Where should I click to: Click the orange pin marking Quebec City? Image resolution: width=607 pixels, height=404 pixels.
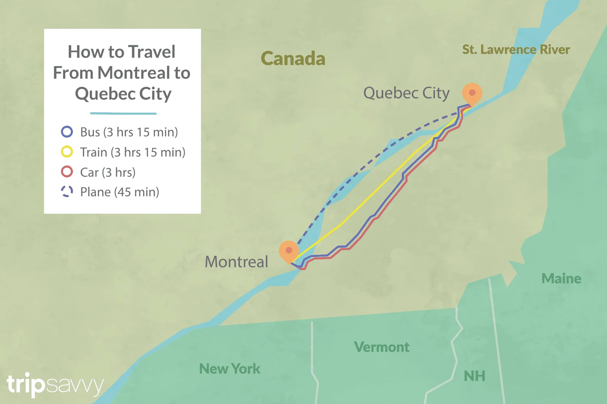pyautogui.click(x=472, y=93)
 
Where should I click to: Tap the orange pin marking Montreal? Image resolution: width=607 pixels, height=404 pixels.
pyautogui.click(x=289, y=250)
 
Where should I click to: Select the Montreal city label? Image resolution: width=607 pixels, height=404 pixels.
pyautogui.click(x=236, y=262)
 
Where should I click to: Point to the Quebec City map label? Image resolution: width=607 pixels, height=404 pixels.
pyautogui.click(x=406, y=93)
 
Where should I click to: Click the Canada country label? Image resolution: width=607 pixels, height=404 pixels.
pyautogui.click(x=293, y=59)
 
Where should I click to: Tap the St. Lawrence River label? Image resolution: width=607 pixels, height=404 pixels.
pyautogui.click(x=516, y=50)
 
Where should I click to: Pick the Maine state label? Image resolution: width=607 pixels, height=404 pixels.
pyautogui.click(x=561, y=278)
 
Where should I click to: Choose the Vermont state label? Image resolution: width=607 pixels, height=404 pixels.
pyautogui.click(x=382, y=347)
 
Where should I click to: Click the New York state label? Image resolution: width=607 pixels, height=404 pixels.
pyautogui.click(x=230, y=368)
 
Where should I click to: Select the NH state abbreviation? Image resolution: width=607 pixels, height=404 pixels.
pyautogui.click(x=474, y=376)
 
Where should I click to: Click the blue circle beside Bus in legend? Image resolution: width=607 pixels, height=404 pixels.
pyautogui.click(x=67, y=132)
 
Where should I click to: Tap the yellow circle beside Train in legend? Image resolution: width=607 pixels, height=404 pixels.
pyautogui.click(x=67, y=152)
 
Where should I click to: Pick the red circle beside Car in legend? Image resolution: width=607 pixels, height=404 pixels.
pyautogui.click(x=67, y=172)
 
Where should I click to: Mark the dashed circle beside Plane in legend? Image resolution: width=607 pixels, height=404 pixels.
pyautogui.click(x=67, y=191)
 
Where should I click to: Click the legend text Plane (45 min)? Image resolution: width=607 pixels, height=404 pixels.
pyautogui.click(x=119, y=192)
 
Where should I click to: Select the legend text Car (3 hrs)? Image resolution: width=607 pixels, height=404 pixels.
pyautogui.click(x=108, y=172)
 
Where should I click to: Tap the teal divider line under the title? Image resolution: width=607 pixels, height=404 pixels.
pyautogui.click(x=123, y=114)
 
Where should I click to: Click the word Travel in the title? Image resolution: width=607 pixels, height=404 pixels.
pyautogui.click(x=152, y=52)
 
